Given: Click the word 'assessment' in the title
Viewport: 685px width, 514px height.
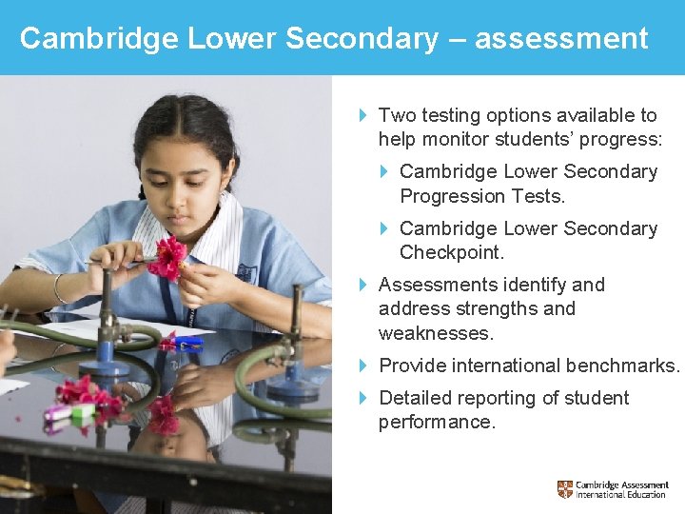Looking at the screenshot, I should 561,38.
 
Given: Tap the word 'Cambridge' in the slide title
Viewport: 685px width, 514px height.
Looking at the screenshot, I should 100,38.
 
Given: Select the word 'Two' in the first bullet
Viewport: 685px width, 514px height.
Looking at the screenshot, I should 396,115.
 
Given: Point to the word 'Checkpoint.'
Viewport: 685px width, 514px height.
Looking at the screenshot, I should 452,252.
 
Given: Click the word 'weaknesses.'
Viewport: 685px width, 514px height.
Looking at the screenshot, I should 436,333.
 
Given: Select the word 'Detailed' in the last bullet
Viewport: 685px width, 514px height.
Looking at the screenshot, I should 416,398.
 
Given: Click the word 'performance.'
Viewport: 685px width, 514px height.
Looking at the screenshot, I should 437,422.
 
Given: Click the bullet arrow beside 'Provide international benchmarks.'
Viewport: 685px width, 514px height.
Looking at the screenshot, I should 364,366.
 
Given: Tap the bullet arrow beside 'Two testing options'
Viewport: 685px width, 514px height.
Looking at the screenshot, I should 364,115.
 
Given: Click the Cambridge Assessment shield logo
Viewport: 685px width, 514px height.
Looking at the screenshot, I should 565,490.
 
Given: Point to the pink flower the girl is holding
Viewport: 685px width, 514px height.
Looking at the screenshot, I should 170,257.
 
